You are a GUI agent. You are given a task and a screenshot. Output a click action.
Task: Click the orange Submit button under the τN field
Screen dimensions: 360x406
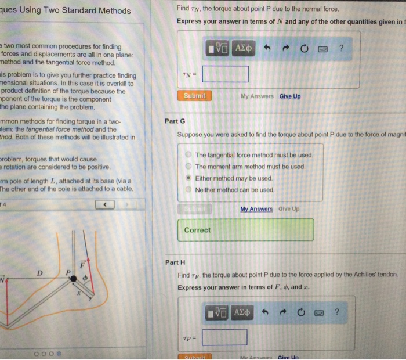click(194, 96)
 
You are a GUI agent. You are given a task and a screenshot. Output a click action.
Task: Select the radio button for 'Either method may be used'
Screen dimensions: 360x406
click(188, 178)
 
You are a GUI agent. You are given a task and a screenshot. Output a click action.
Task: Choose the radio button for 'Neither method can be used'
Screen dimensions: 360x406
click(188, 190)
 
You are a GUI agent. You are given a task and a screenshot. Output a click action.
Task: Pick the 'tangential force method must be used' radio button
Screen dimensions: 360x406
click(188, 155)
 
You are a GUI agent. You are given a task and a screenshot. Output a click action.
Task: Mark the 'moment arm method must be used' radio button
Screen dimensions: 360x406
click(188, 167)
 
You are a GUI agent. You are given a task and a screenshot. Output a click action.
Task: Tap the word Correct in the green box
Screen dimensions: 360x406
click(197, 230)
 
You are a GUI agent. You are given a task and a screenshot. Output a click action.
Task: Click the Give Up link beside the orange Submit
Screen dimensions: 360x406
click(290, 96)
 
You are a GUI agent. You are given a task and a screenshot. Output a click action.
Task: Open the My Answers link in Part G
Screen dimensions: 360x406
click(256, 209)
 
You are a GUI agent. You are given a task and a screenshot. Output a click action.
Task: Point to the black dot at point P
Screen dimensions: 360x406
click(74, 279)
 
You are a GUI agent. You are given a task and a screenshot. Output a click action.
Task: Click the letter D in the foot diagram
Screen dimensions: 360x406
click(39, 272)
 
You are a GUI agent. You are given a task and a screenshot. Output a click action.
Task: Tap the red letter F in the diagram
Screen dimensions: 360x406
click(82, 264)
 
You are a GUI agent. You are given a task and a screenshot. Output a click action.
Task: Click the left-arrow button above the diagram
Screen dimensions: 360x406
click(106, 204)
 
